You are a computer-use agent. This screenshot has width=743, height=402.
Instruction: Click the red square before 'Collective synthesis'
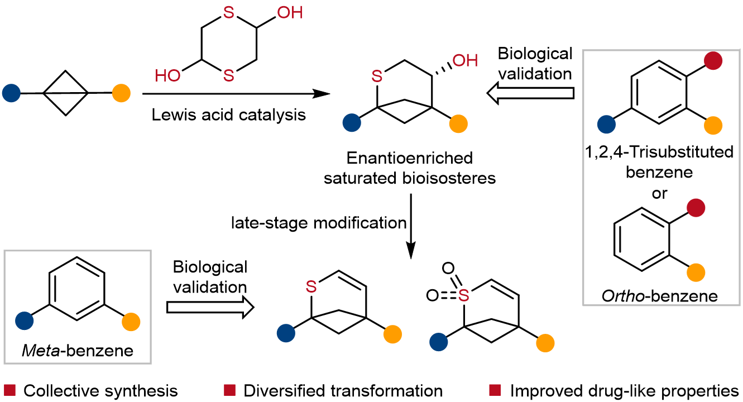10,389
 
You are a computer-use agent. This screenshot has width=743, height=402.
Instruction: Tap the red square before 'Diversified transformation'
229,389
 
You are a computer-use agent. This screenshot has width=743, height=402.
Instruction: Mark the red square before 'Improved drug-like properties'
494,389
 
